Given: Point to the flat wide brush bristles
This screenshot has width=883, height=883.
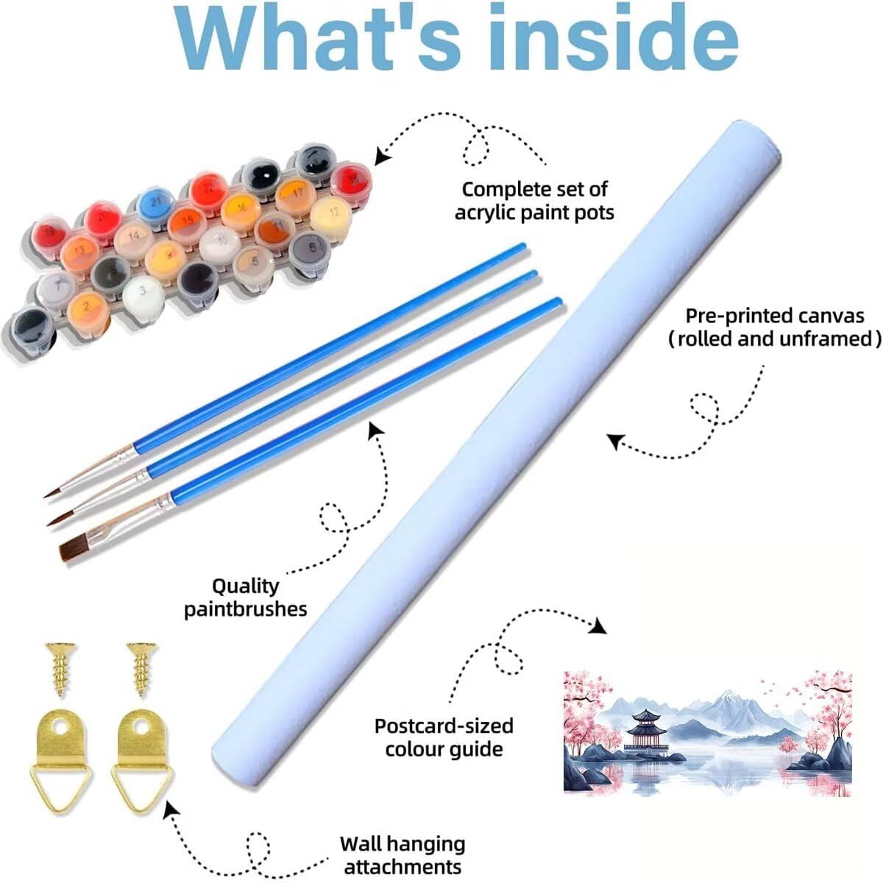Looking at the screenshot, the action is point(74,550).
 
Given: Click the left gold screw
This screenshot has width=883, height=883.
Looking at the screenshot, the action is point(60,670).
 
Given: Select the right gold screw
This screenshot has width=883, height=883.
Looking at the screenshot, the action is point(143,670).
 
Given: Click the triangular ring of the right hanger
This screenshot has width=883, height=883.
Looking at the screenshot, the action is point(142,787).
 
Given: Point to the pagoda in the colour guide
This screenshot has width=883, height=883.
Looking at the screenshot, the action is point(647,732).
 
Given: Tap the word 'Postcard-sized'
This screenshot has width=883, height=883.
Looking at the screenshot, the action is point(444,726).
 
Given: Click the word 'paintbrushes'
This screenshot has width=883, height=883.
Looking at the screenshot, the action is point(246,610).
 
